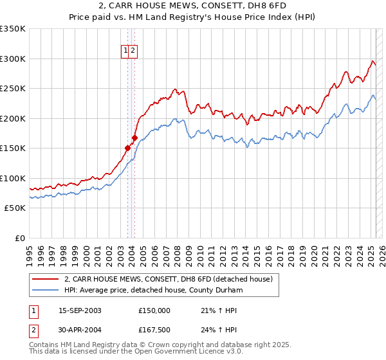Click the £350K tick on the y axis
pos(14,29)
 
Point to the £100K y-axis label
pos(14,178)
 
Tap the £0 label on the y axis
pos(20,238)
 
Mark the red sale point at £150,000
pos(127,148)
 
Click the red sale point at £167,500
pos(134,138)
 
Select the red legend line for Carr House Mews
pos(45,280)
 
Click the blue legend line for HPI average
pos(45,291)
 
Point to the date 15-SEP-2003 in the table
pos(79,310)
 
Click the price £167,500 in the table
pos(154,332)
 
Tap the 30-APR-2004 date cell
pos(79,332)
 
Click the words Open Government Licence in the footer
pos(167,353)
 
